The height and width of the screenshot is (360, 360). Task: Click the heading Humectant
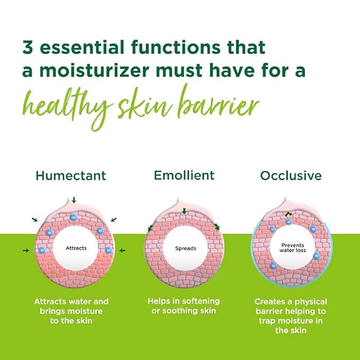tap(71, 175)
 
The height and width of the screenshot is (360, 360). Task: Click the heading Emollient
tap(184, 175)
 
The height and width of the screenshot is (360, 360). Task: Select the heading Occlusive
tap(291, 175)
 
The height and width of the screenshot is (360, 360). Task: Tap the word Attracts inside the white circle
tap(76, 248)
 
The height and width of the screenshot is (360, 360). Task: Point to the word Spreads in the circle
tap(185, 248)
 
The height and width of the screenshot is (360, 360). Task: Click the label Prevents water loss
tap(293, 248)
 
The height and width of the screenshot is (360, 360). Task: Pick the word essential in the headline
tap(83, 47)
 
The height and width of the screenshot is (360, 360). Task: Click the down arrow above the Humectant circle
tap(74, 199)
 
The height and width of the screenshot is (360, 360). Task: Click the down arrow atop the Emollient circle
tap(184, 212)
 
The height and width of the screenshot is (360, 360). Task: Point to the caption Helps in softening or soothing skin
tap(184, 305)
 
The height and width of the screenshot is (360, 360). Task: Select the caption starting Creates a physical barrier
tap(290, 315)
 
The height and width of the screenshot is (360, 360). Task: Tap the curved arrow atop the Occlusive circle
tap(288, 214)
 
